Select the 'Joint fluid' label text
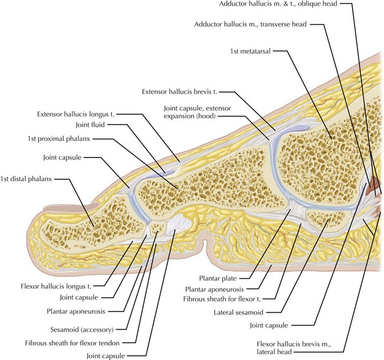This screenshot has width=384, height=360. pyautogui.click(x=93, y=125)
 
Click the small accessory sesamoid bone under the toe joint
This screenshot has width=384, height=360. pyautogui.click(x=157, y=228)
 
